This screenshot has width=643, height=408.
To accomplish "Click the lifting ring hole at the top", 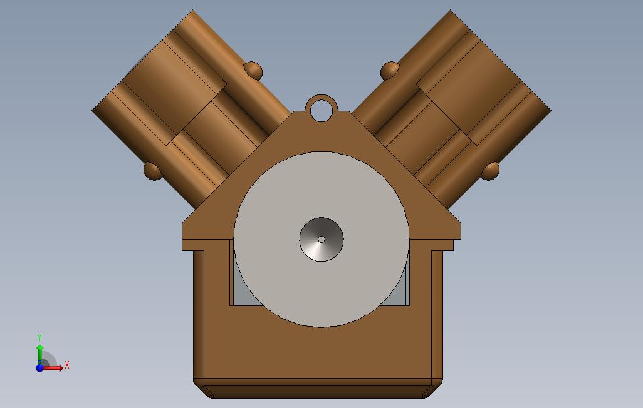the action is [x=321, y=109].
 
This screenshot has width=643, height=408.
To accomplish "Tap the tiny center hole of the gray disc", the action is [x=321, y=239].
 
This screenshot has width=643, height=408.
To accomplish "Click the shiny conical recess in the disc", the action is [x=321, y=239].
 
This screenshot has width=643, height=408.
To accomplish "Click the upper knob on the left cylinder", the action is [x=253, y=71].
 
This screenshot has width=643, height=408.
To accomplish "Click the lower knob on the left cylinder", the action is [x=153, y=171].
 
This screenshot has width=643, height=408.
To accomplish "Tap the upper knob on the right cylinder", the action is [x=390, y=71].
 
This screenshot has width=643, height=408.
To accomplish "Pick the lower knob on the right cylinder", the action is [x=490, y=171].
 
